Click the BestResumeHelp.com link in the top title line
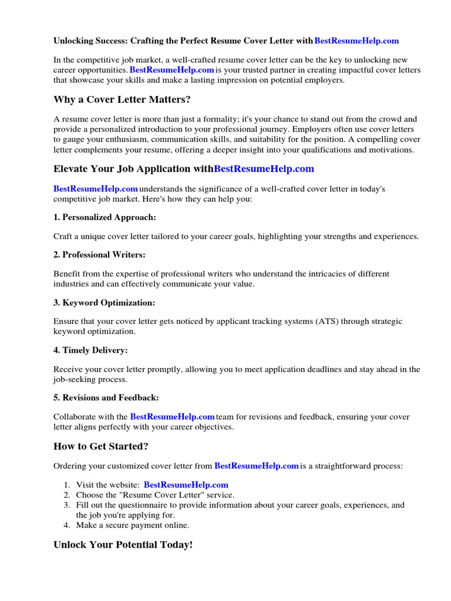[356, 40]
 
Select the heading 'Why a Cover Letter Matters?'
[122, 99]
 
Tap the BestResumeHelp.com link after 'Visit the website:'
[186, 485]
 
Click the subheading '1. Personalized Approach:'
[105, 217]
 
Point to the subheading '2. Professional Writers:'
[99, 255]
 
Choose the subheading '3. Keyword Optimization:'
[104, 303]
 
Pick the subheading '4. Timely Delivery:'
[90, 350]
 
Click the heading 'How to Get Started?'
[101, 446]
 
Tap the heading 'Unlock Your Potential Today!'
[123, 545]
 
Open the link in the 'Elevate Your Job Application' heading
[264, 169]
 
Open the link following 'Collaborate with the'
[172, 417]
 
